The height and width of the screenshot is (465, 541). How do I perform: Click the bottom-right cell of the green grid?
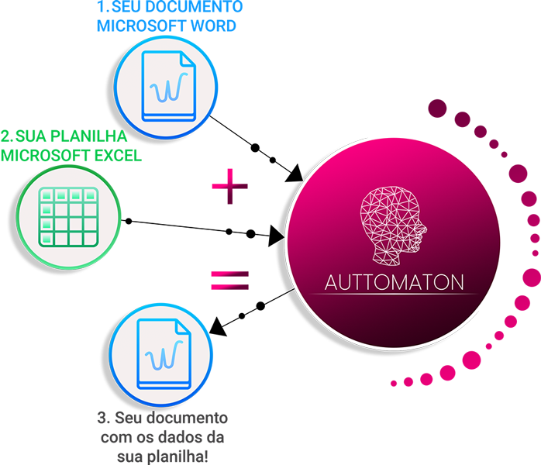click(x=90, y=239)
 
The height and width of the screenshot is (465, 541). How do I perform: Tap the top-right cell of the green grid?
click(x=90, y=196)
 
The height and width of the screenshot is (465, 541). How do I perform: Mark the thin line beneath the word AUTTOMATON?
click(x=395, y=295)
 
